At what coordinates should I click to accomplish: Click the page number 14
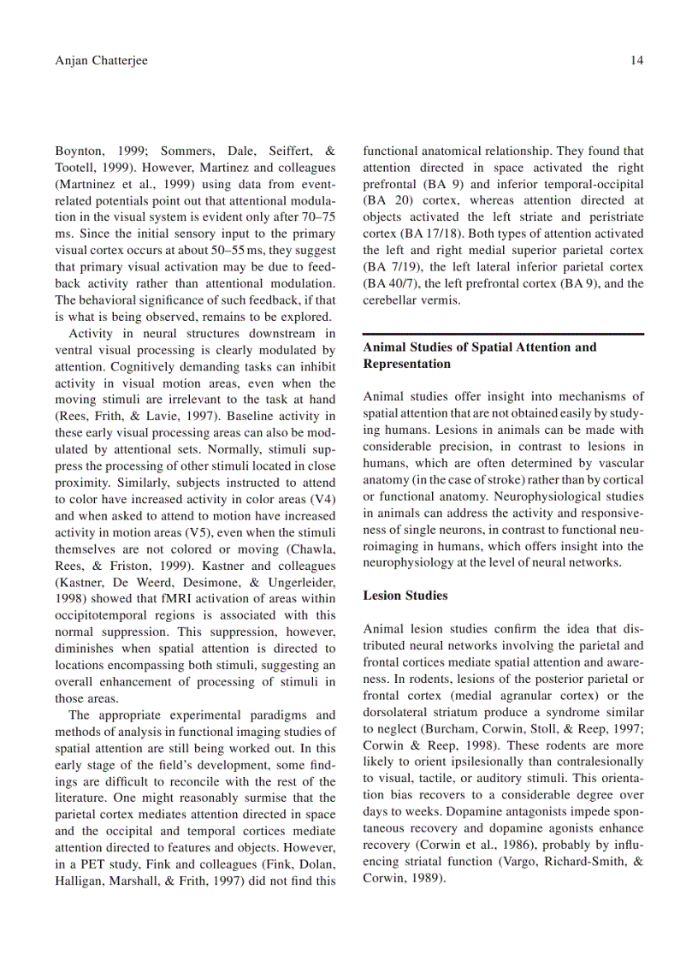point(636,61)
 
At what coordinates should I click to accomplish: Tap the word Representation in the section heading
point(406,364)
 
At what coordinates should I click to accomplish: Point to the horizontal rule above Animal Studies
point(503,333)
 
